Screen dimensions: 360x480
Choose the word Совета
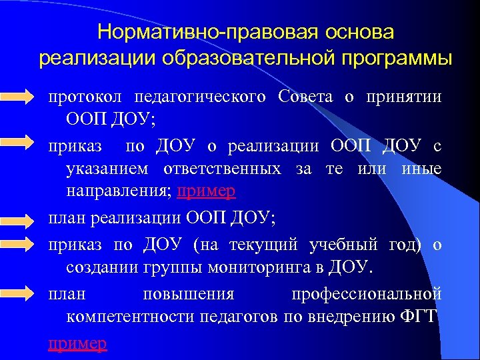(x=304, y=96)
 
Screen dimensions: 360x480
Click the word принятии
(x=403, y=96)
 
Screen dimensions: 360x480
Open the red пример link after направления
(x=207, y=192)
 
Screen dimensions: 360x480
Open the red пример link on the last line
(x=77, y=343)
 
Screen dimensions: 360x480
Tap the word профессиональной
(x=367, y=293)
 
